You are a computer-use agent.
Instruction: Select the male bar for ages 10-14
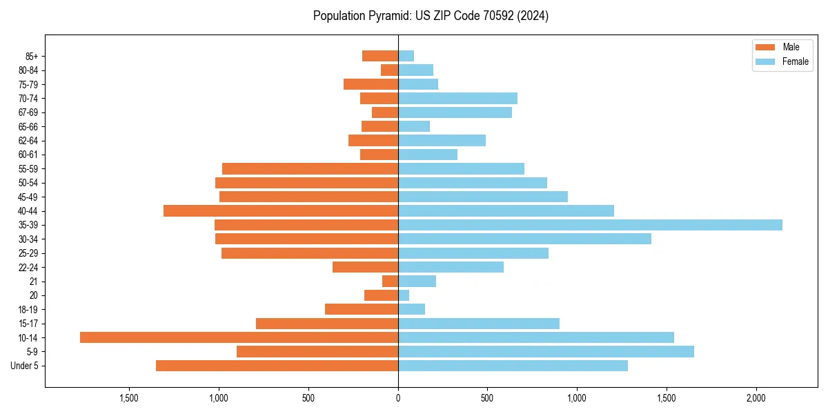tap(239, 337)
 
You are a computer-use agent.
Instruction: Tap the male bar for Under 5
tap(277, 366)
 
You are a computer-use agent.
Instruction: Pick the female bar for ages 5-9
tap(546, 352)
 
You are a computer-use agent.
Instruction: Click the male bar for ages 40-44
tap(281, 210)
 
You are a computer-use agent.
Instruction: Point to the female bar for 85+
tap(406, 56)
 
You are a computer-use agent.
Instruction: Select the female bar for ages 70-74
tap(457, 98)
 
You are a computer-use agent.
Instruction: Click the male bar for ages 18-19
tap(362, 309)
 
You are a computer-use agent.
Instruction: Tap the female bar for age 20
tap(404, 295)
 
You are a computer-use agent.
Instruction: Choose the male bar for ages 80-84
tap(390, 70)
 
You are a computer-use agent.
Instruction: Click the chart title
tap(431, 16)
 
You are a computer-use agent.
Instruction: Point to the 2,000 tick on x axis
tap(756, 398)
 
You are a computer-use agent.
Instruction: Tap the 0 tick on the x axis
tap(398, 398)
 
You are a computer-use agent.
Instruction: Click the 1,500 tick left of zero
tap(129, 398)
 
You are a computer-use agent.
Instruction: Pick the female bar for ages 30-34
tap(524, 239)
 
